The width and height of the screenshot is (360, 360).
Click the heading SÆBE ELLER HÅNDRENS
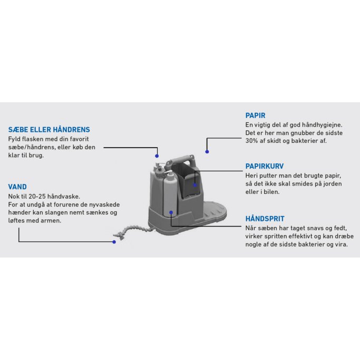49,130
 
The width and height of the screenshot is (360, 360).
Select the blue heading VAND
17,187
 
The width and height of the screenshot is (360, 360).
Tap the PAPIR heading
255,115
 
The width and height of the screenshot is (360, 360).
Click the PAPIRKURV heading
265,166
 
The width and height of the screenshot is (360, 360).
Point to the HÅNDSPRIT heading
265,219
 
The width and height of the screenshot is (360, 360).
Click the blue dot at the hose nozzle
114,242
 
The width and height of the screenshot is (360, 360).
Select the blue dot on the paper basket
194,185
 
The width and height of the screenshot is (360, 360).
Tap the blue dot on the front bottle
171,212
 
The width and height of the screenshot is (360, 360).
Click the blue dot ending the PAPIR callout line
207,151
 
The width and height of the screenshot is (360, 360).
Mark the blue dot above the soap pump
157,156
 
